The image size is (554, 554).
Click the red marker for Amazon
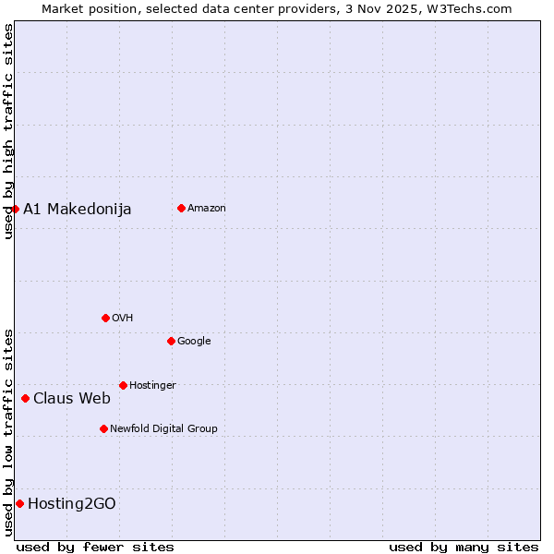[181, 208]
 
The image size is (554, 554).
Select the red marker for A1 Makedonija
[15, 209]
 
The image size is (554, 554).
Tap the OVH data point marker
[105, 318]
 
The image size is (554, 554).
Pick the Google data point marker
[171, 341]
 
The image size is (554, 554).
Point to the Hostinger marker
[123, 385]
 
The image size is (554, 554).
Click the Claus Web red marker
[25, 399]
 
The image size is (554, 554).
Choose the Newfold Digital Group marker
[103, 428]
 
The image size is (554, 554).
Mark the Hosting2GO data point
[19, 503]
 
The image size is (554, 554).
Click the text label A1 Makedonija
[78, 209]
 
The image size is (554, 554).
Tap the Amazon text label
[207, 208]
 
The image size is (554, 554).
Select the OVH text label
[123, 318]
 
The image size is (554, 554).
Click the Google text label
[194, 341]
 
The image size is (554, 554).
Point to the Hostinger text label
[152, 385]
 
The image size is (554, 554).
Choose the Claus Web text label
[72, 399]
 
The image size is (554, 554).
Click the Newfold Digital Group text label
[163, 428]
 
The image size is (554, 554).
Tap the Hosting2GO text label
[72, 503]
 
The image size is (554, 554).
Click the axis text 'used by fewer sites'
[95, 547]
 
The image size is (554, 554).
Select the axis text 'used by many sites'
[464, 547]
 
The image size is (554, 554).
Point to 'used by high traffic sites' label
[8, 131]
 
